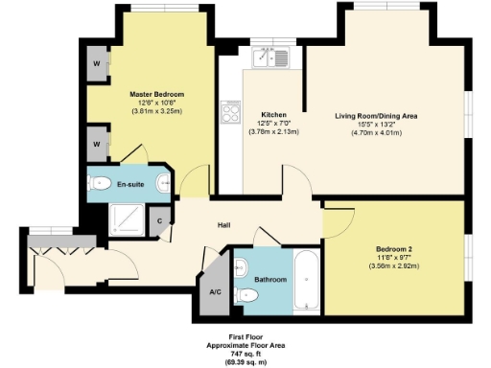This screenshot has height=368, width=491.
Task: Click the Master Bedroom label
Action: [157, 95]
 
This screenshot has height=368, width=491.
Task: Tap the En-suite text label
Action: [131, 184]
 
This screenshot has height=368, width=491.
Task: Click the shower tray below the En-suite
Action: [125, 221]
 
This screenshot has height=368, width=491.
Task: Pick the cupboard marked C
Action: [160, 220]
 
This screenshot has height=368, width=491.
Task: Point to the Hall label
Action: [223, 225]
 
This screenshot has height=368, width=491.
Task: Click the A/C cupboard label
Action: [216, 293]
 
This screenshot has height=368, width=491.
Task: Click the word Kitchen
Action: [274, 114]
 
